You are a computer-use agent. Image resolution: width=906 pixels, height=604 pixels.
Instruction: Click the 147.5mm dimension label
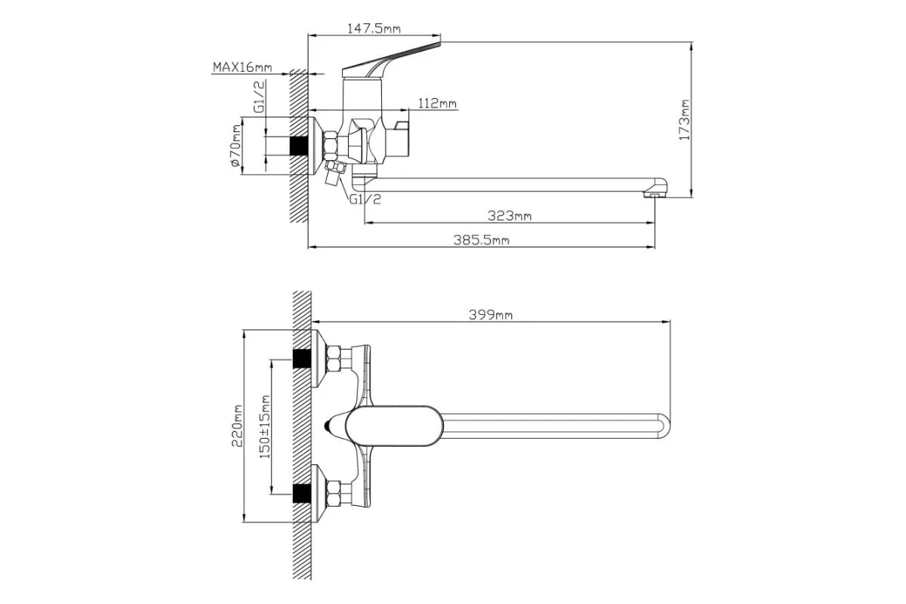coord(374,29)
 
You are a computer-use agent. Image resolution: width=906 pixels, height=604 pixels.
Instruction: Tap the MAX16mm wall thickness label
coord(242,66)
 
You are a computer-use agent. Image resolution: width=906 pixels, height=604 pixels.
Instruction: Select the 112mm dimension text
coord(437,103)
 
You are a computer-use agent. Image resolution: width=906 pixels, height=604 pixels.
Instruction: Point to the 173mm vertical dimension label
coord(684,120)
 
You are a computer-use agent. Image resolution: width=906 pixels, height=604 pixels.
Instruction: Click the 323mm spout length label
coord(509,216)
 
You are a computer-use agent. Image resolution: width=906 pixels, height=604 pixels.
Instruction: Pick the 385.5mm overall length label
coord(481,240)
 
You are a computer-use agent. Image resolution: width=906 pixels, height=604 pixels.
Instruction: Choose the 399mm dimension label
coord(490,315)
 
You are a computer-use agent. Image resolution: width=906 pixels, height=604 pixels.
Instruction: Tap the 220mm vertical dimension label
coord(236,426)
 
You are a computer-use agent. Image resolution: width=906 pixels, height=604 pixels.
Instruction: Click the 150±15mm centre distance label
coord(264,427)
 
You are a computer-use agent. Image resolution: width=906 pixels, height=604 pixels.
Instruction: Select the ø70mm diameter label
coord(235,145)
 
